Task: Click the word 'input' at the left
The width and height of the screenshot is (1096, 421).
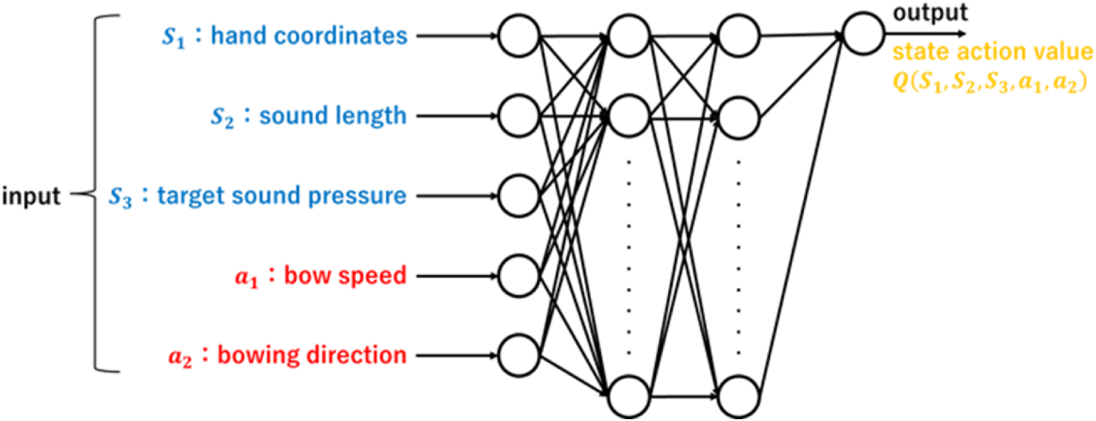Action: (32, 196)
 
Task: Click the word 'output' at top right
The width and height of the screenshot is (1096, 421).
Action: (929, 12)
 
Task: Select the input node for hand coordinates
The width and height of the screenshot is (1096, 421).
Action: (519, 36)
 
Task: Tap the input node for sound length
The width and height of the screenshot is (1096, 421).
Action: (519, 116)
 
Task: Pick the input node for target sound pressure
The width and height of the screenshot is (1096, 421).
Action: (519, 196)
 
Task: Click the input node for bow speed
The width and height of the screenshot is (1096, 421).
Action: (519, 275)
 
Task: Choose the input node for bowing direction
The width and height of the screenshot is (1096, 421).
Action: (519, 356)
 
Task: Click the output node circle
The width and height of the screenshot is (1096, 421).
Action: (863, 33)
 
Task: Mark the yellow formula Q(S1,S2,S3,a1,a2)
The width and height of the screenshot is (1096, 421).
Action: (989, 82)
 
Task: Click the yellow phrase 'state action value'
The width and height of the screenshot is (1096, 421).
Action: (992, 52)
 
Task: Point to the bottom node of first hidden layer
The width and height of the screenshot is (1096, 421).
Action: (628, 396)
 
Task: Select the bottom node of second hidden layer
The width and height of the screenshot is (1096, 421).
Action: (738, 396)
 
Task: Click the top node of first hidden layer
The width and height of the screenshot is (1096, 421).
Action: (628, 36)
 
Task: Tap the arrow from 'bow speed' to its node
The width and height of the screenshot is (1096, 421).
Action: (456, 276)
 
